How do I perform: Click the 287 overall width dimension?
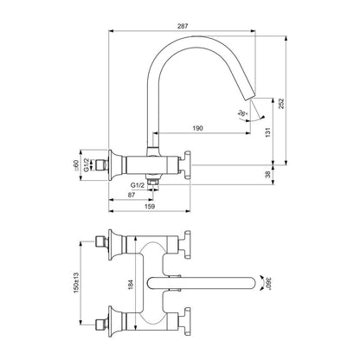[x=183, y=26]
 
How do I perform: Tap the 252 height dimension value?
[x=281, y=104]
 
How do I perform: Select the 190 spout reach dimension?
[x=197, y=128]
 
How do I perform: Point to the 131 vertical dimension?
[x=268, y=132]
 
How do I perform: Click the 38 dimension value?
[x=268, y=175]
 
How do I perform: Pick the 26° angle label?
[x=242, y=113]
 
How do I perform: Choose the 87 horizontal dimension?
[x=132, y=195]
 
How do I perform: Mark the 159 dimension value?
[x=149, y=206]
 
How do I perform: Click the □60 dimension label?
[x=76, y=165]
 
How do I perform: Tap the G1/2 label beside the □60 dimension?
[x=86, y=165]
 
